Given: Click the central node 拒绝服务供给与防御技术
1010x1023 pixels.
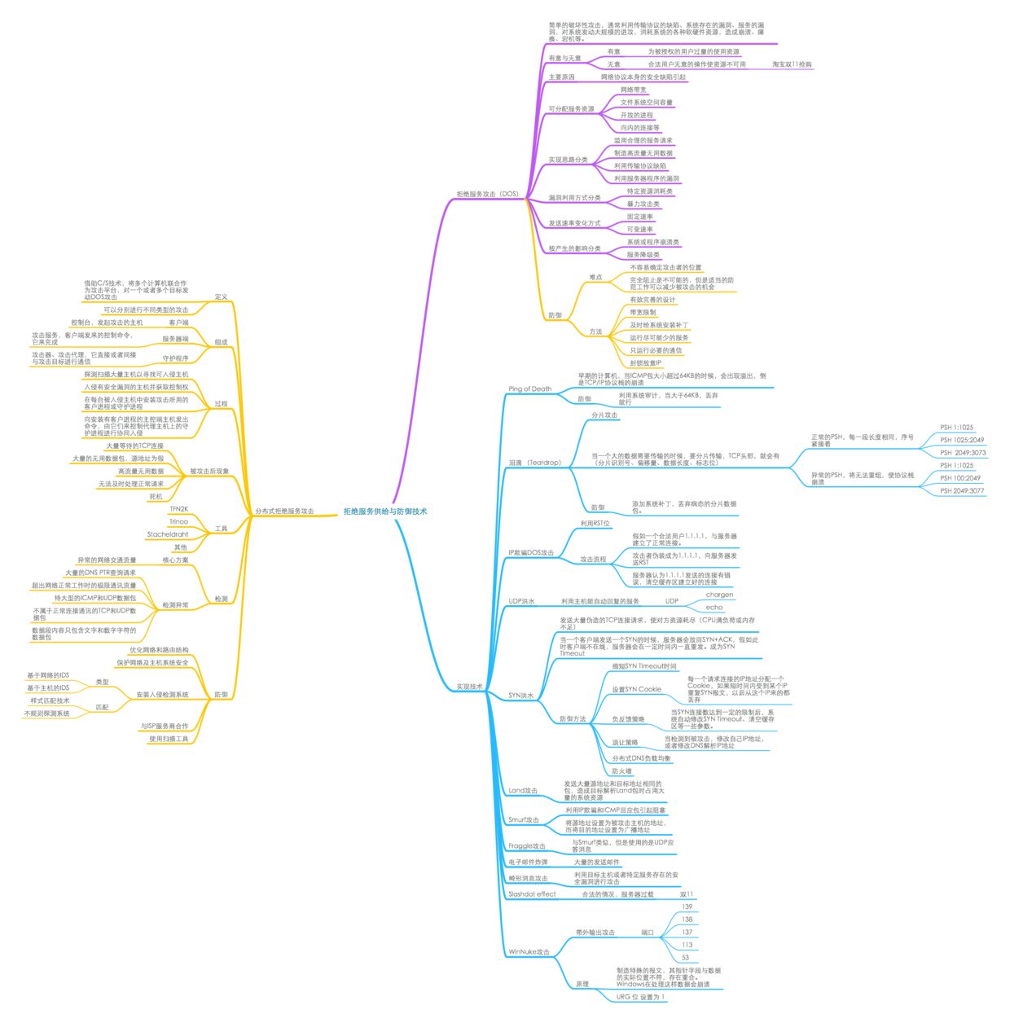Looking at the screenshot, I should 385,511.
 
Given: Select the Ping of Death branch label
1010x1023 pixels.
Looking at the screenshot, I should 529,389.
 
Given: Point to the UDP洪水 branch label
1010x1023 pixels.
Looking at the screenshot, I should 521,601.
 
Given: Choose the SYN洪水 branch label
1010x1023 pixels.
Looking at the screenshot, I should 521,696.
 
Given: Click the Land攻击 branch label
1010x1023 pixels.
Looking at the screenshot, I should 523,791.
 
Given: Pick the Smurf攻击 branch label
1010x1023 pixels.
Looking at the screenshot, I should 524,820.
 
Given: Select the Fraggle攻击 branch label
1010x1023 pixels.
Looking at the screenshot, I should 526,847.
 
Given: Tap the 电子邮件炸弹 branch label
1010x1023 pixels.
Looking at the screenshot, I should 528,862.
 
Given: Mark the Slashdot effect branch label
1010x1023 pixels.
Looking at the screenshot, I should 531,893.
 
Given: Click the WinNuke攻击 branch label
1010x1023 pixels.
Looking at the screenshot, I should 529,951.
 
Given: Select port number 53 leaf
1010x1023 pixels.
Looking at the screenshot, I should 686,958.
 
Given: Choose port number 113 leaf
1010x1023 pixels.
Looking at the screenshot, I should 687,945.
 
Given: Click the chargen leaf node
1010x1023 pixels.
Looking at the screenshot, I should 719,595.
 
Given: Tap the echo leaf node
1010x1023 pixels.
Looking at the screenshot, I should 714,608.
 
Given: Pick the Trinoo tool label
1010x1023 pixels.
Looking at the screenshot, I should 178,521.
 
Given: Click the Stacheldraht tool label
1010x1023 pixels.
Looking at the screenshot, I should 167,535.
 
